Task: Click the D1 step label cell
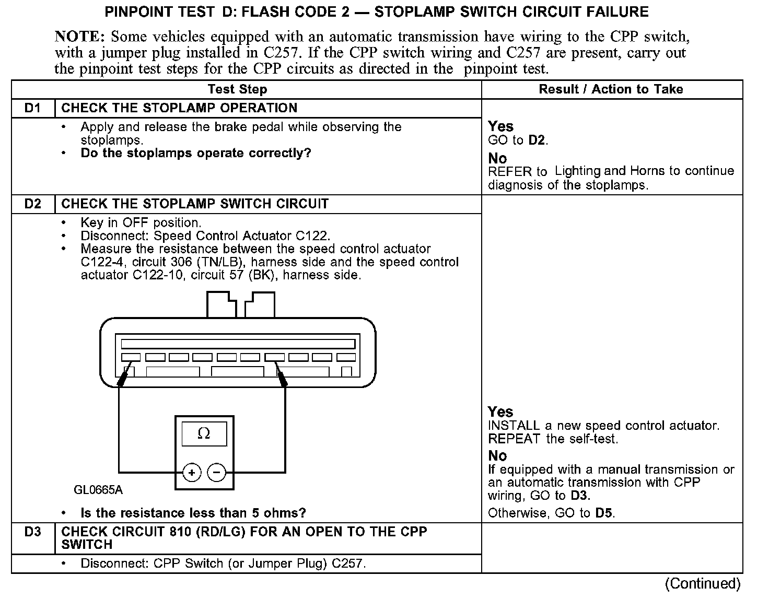[32, 108]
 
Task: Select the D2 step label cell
[32, 204]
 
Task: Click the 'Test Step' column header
[237, 89]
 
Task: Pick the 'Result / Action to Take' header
[611, 89]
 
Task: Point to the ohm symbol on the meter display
[204, 433]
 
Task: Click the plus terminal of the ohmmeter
[192, 473]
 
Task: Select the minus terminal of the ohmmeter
[217, 473]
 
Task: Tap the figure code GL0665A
[98, 490]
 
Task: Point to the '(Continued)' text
[703, 583]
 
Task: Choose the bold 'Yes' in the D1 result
[500, 126]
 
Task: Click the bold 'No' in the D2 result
[497, 455]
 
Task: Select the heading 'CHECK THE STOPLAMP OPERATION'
[179, 108]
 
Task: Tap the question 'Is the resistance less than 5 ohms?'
[193, 513]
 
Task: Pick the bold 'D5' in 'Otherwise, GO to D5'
[604, 513]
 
